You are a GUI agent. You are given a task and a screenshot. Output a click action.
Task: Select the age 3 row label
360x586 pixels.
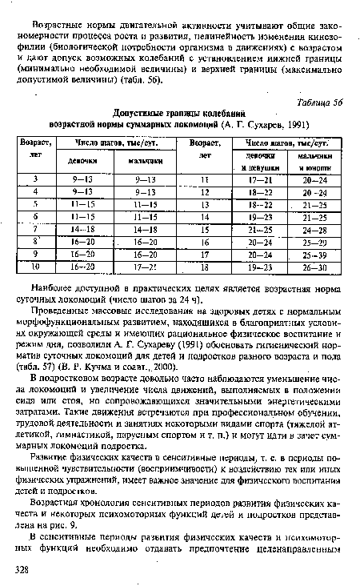(x=37, y=179)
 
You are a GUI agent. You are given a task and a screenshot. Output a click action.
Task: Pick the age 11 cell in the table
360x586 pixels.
(x=206, y=179)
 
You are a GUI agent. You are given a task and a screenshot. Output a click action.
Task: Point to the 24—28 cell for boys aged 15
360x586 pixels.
(x=314, y=231)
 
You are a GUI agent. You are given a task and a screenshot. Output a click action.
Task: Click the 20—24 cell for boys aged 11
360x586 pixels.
(x=314, y=179)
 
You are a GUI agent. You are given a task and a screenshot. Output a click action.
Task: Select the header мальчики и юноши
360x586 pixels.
(x=314, y=161)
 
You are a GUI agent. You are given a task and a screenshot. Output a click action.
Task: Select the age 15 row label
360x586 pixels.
(x=206, y=231)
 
